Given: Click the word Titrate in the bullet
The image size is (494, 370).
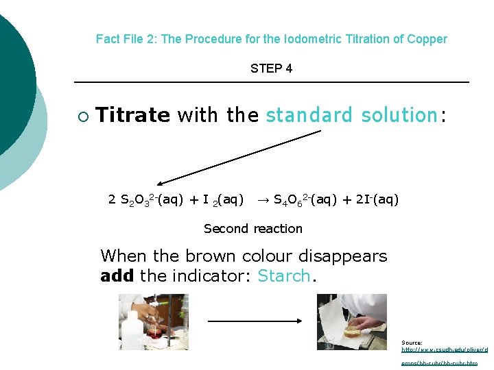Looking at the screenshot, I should coord(132,115).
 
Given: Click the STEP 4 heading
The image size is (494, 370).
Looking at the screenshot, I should coord(271,69).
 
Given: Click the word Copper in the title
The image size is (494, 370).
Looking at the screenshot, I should coord(427,39).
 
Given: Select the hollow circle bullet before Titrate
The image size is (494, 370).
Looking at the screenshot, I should coord(83,116).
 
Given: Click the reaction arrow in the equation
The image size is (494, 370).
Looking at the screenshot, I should coord(263,200).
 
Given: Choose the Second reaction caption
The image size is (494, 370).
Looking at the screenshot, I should coord(253,229).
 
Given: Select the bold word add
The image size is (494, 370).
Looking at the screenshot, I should coord(117,276).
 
